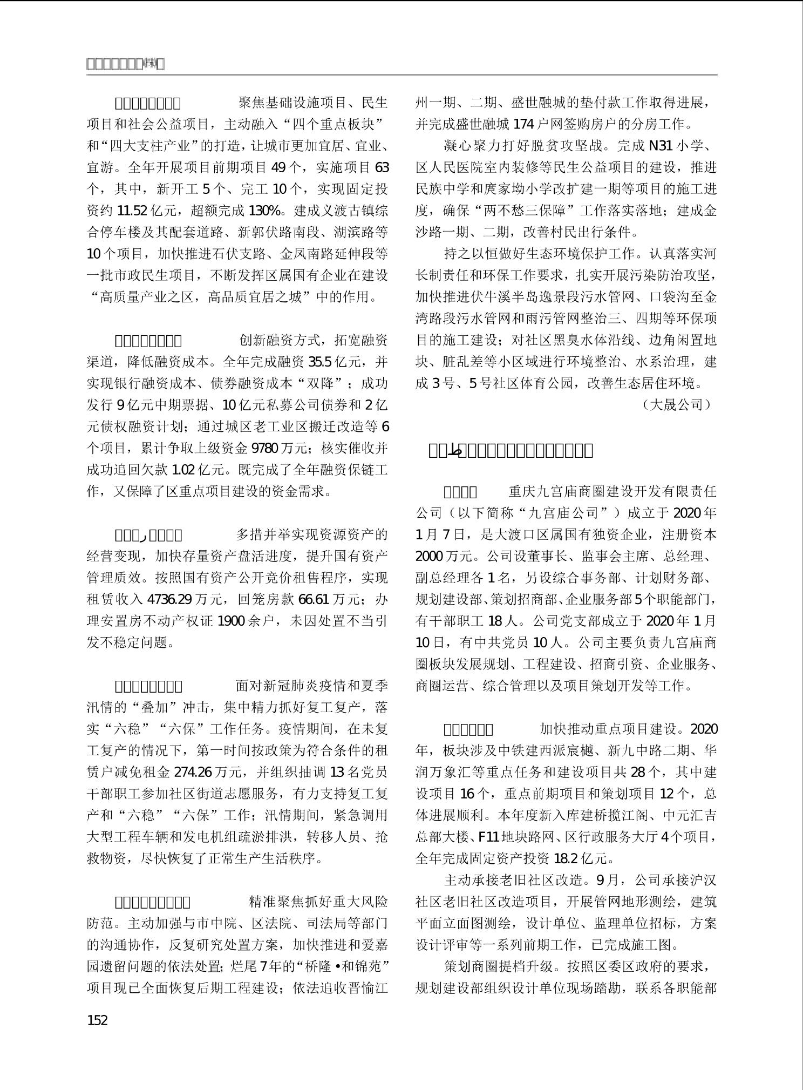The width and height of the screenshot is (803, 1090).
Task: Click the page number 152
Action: pos(97,1020)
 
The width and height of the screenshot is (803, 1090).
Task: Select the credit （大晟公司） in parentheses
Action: pos(677,405)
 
